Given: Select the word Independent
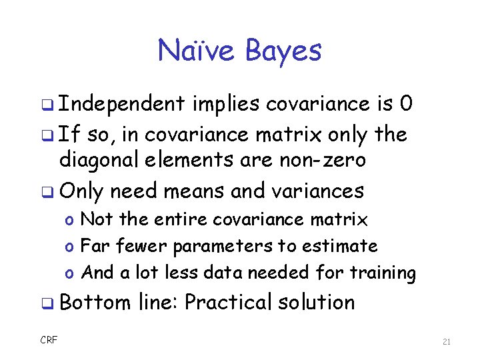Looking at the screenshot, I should pos(122,104).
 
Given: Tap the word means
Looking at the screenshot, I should pos(192,191).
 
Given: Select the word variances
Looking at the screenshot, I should pos(319,191).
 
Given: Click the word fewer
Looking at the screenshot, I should pos(142,246).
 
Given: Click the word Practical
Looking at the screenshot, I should pos(226,303).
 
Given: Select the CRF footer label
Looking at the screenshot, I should pos(49,341).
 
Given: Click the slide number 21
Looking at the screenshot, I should pos(447,342).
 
